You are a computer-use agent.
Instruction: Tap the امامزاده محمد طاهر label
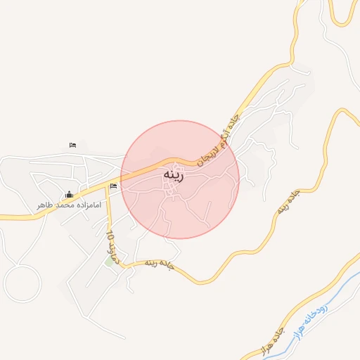[70, 205]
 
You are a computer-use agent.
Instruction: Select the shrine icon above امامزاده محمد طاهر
[69, 194]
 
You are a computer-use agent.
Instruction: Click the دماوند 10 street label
[115, 247]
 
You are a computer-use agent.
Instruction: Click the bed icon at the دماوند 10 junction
[114, 186]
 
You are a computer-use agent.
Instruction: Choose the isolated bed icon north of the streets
[73, 145]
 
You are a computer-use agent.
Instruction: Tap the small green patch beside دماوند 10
[109, 262]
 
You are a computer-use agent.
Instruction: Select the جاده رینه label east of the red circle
[288, 201]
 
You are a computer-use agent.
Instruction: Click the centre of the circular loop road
[22, 283]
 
